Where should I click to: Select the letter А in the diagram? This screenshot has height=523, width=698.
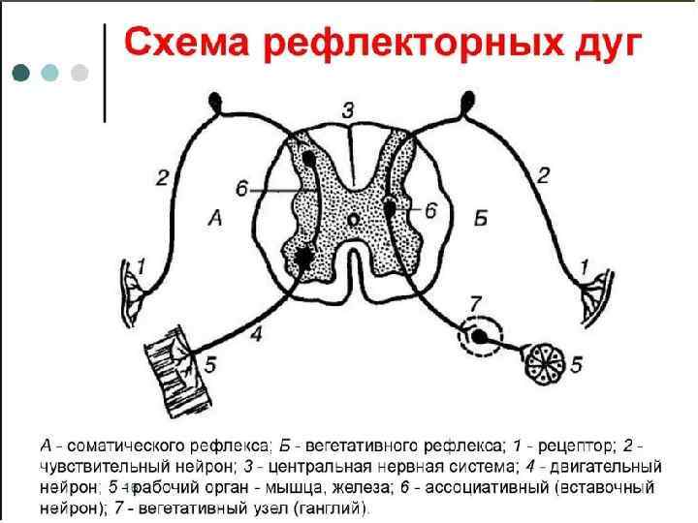[x=215, y=220]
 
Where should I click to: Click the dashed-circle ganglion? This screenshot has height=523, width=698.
[x=481, y=337]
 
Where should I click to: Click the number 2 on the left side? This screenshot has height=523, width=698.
[x=162, y=175]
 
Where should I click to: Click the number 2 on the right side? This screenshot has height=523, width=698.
[x=543, y=175]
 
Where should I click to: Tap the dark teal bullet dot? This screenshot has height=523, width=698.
[x=21, y=73]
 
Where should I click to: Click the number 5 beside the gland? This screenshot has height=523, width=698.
[x=576, y=364]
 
